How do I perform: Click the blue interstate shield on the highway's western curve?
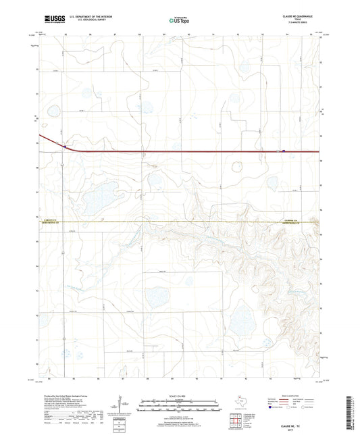(63, 145)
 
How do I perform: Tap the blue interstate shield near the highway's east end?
(282, 151)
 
